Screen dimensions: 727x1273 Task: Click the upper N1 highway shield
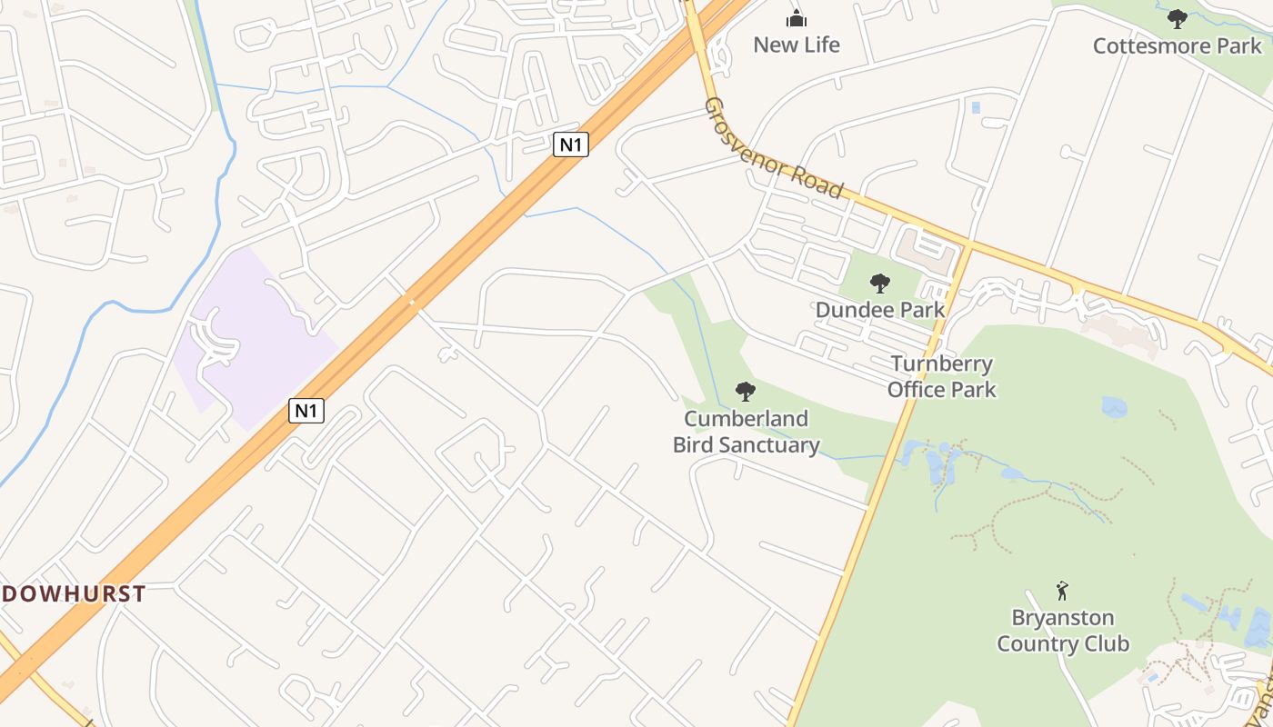(570, 144)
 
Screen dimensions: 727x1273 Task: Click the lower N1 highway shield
(306, 411)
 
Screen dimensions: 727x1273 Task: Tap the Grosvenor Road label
(774, 148)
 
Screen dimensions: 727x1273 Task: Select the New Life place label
(797, 45)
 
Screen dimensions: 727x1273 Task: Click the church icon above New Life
(797, 18)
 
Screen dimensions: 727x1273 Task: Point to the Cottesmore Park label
(1178, 45)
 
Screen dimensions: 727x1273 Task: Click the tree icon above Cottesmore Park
(1178, 18)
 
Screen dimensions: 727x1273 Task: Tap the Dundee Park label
(880, 309)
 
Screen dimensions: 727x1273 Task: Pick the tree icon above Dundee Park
(879, 284)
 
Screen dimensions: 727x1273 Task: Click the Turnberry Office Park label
(942, 376)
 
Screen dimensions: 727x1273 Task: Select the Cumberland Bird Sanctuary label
(746, 432)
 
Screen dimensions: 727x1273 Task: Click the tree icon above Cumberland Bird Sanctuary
(746, 392)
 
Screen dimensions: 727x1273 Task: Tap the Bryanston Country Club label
(1063, 631)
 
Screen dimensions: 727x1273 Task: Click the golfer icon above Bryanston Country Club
(1062, 591)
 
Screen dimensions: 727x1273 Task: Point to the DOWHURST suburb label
(73, 594)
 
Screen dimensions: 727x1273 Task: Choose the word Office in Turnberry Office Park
(917, 390)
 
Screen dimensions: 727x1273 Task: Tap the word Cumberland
(746, 419)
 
